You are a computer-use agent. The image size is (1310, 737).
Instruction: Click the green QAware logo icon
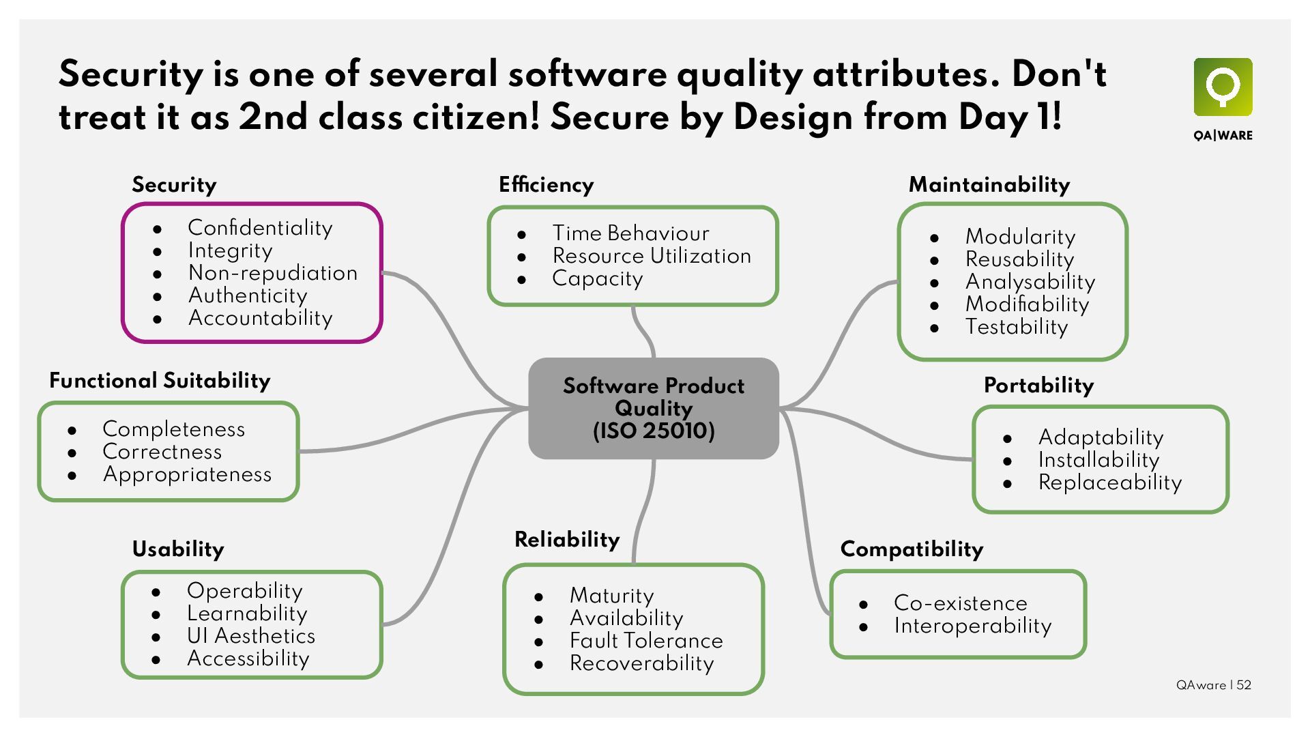click(x=1223, y=87)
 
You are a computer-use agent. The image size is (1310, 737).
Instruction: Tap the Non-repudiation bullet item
click(x=272, y=273)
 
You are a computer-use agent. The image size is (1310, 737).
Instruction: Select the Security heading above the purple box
click(x=174, y=185)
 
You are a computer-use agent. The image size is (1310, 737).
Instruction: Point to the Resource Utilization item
click(x=652, y=256)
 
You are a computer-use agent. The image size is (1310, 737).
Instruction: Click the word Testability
click(x=1016, y=327)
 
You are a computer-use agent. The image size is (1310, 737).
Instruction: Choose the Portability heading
click(x=1038, y=386)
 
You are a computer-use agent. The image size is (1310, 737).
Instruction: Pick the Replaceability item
click(x=1109, y=482)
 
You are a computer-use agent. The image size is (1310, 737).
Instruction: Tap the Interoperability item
click(x=972, y=626)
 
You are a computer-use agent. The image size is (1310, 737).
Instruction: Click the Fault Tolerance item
click(x=646, y=641)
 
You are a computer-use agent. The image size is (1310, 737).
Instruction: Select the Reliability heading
click(x=567, y=540)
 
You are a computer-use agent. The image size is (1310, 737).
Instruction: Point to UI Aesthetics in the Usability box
click(x=251, y=636)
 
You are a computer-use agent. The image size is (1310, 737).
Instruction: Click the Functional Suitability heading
click(x=160, y=381)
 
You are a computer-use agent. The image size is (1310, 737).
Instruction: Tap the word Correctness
click(x=162, y=452)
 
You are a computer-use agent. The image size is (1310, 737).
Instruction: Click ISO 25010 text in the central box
click(x=654, y=431)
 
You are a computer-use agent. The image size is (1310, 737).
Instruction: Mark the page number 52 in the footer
click(x=1244, y=685)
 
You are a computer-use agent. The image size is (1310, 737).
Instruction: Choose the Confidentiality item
click(x=260, y=228)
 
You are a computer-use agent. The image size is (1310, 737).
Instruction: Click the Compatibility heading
click(x=912, y=549)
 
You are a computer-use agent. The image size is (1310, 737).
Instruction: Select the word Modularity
click(x=1020, y=237)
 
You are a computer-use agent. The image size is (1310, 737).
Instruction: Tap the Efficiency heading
click(x=546, y=185)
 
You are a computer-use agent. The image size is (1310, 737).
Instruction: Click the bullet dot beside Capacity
click(x=522, y=279)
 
